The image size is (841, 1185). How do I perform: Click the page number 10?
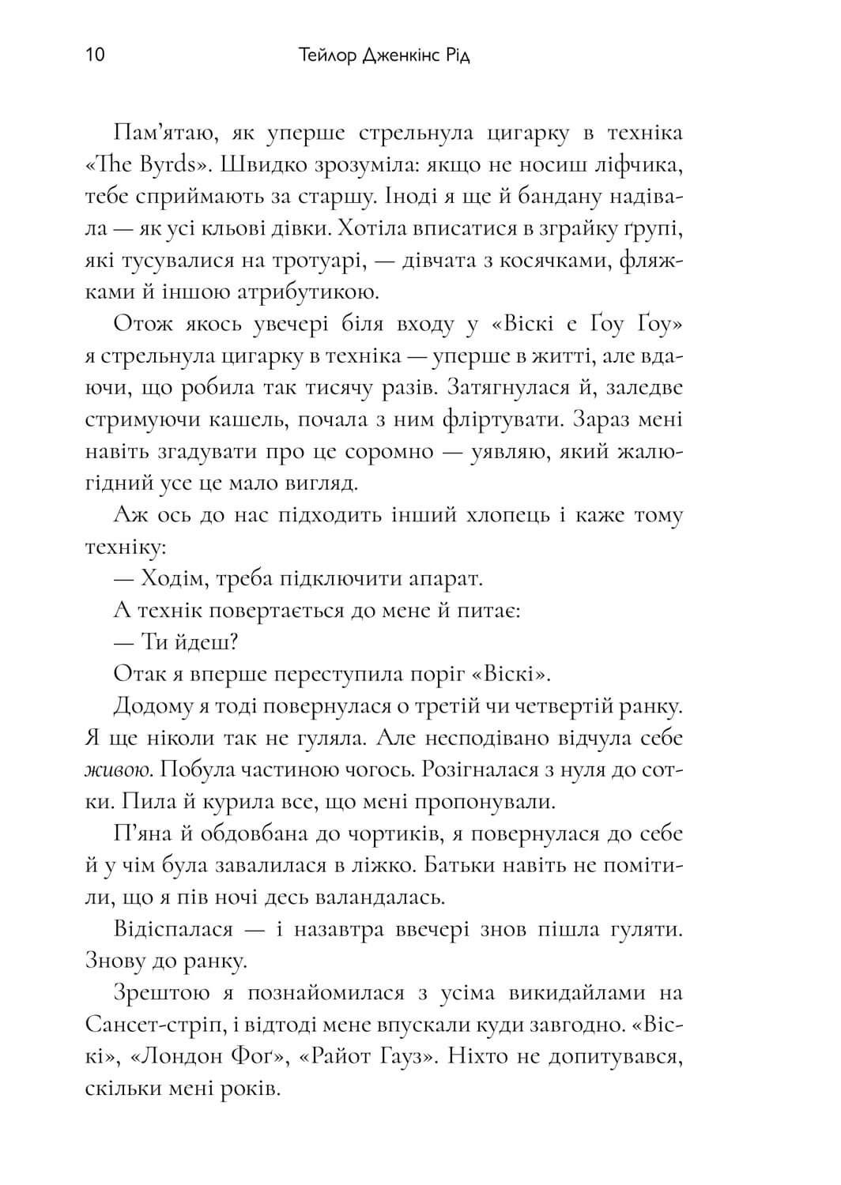tap(94, 56)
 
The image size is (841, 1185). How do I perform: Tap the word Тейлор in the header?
tap(327, 56)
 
